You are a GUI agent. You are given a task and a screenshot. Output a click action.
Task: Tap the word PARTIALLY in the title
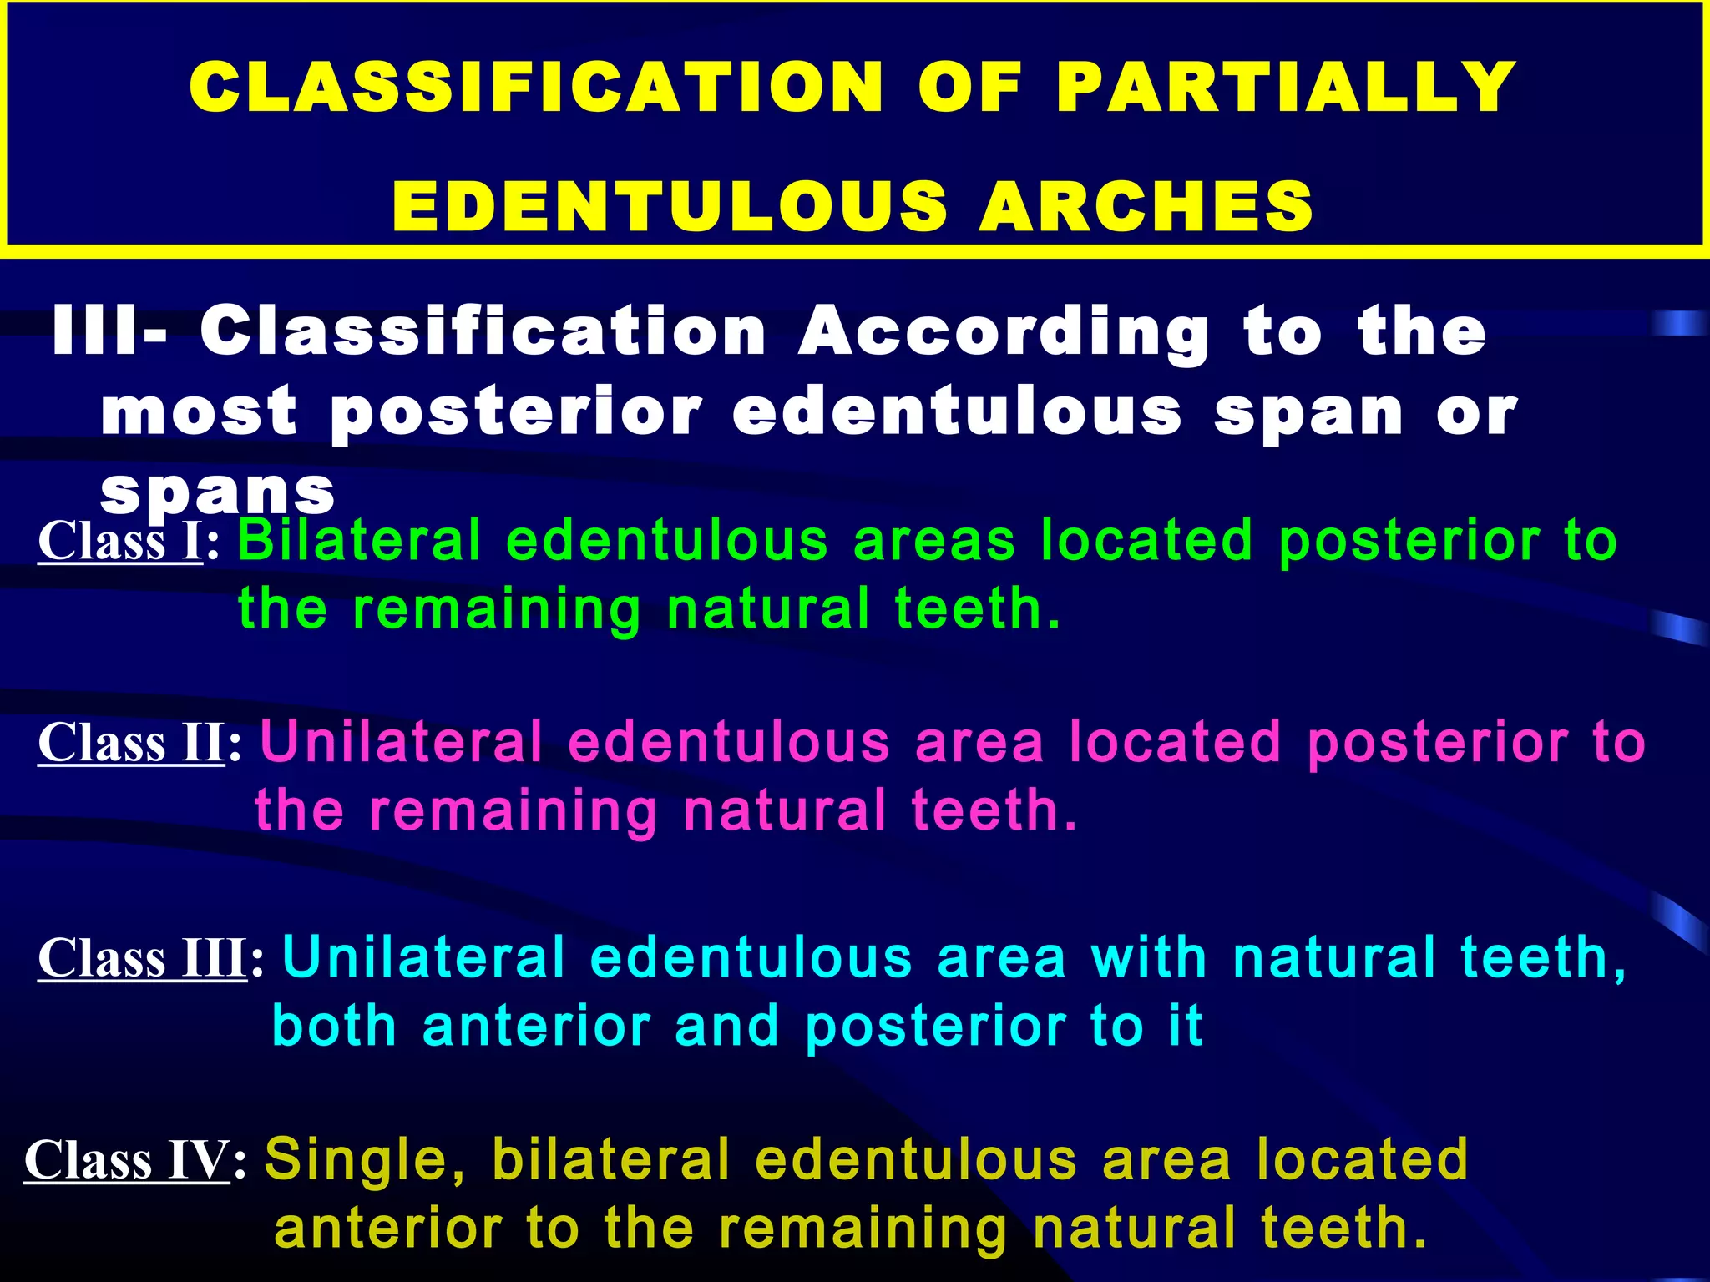[x=1286, y=88]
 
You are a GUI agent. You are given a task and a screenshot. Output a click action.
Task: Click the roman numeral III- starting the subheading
[x=109, y=332]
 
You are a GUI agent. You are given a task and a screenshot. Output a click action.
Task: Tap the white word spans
[x=218, y=492]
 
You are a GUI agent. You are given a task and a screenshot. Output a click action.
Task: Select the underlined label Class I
[x=120, y=541]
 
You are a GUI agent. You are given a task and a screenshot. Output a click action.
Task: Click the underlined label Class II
[x=131, y=742]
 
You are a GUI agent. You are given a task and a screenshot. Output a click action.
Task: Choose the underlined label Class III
[x=142, y=957]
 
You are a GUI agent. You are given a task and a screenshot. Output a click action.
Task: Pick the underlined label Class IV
[x=127, y=1160]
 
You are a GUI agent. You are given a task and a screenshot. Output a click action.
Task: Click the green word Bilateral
[x=360, y=541]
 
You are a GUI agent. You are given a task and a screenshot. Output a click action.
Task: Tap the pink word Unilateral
[x=402, y=742]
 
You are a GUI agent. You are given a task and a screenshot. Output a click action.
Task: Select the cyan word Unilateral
[x=424, y=957]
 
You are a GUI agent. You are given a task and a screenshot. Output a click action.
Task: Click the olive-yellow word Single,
[x=366, y=1160]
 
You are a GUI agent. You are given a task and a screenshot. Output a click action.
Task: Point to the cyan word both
[x=334, y=1026]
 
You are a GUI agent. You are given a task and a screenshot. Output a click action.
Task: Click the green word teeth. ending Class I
[x=978, y=608]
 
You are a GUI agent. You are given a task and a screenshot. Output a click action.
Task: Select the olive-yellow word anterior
[x=388, y=1228]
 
